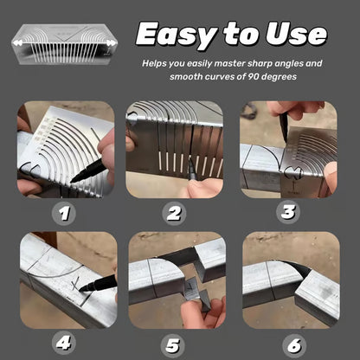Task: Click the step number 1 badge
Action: (x=64, y=214)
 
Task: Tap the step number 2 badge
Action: (x=174, y=214)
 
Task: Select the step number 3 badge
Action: (x=288, y=212)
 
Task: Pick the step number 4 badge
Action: (x=63, y=344)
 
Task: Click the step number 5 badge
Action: (x=172, y=345)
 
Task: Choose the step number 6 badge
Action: (x=294, y=345)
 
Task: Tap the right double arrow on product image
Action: (x=112, y=43)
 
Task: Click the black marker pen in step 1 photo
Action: (x=88, y=170)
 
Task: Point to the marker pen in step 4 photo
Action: (x=97, y=284)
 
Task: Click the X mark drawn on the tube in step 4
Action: (x=75, y=284)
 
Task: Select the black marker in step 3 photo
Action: (x=284, y=128)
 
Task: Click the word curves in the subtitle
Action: (x=226, y=77)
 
